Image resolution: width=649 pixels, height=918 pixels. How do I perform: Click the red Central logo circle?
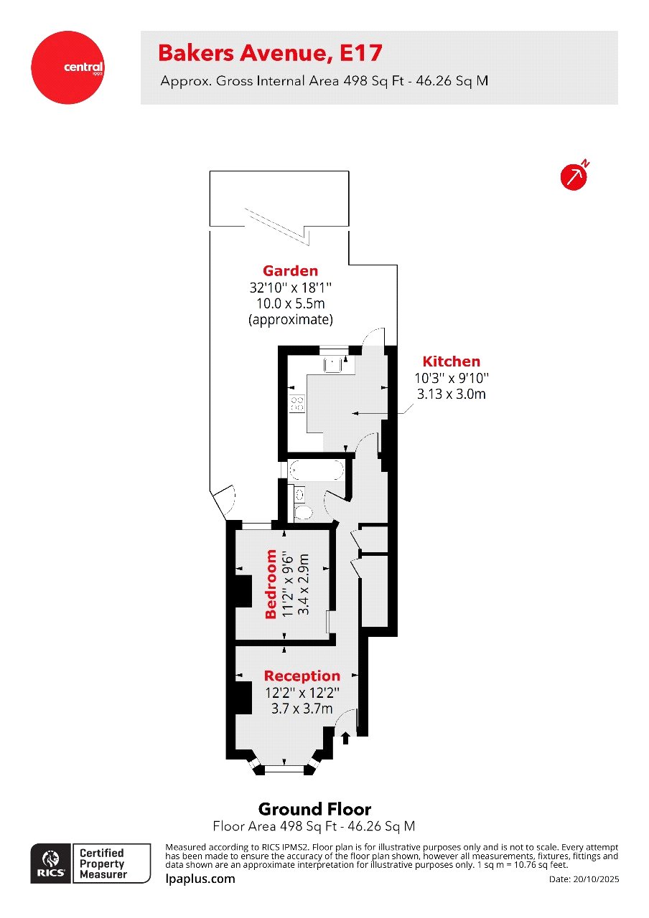[68, 67]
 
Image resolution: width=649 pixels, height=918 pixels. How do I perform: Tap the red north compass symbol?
[574, 176]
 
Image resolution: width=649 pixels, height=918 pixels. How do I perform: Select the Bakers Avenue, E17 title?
[270, 53]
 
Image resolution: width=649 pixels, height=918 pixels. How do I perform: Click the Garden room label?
[290, 271]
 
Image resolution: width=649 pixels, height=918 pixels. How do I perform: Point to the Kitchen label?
[451, 361]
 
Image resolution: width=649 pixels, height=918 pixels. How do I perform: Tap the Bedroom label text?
[271, 584]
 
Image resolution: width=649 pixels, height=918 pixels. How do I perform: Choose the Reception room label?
[302, 676]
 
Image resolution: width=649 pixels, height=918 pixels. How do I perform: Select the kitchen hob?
[295, 403]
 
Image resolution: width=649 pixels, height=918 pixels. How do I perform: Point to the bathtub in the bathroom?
[317, 470]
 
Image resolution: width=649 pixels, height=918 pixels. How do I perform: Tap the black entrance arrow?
[345, 737]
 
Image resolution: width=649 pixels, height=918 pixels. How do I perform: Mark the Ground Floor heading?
[314, 809]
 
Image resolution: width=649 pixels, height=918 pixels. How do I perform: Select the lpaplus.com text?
[200, 879]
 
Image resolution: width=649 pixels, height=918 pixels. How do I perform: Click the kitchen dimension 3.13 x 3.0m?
[451, 393]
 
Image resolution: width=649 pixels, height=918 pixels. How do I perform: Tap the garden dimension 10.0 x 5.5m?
[290, 303]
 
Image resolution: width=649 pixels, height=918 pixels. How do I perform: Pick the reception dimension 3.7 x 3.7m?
[302, 709]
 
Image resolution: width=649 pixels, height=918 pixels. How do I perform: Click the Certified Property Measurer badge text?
[102, 863]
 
